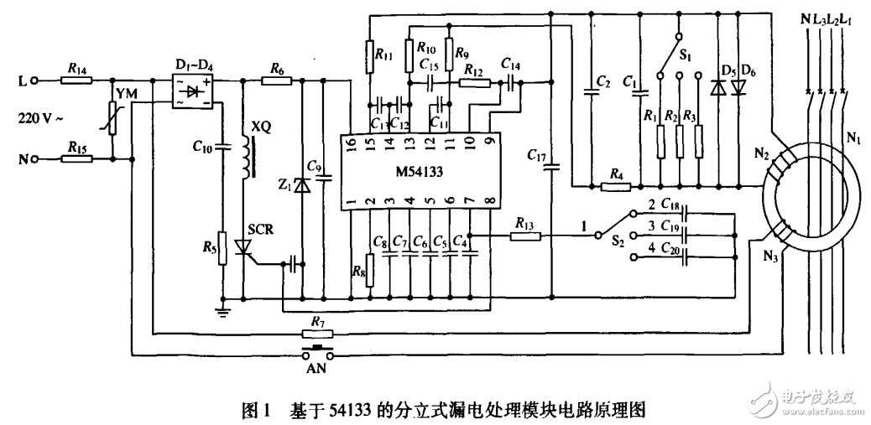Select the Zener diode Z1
(302, 186)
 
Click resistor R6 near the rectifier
(276, 80)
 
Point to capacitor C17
(551, 166)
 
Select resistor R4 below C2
(617, 185)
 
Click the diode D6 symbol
(738, 87)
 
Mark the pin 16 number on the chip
(350, 143)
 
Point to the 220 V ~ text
(40, 118)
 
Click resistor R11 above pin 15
(368, 56)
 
